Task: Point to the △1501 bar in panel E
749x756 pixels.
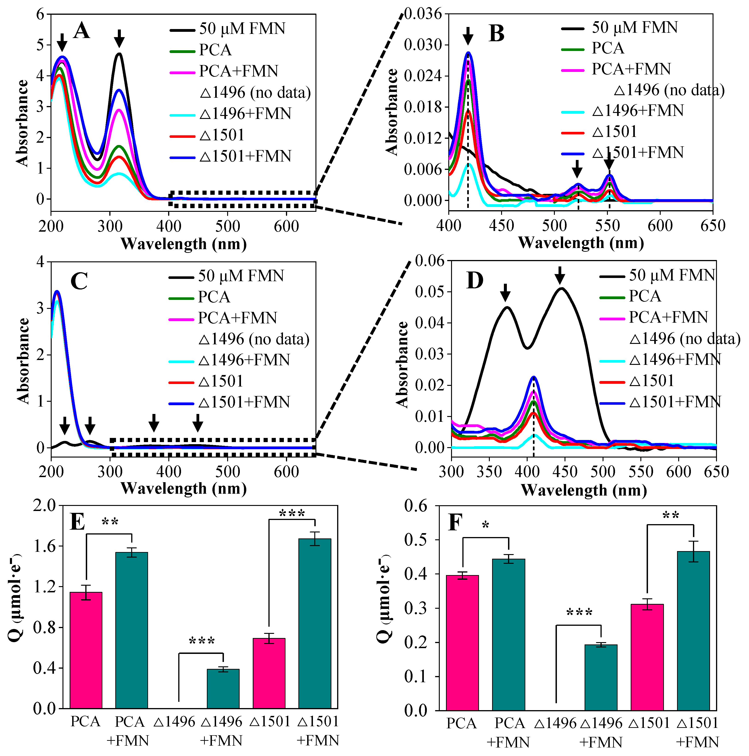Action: pyautogui.click(x=269, y=673)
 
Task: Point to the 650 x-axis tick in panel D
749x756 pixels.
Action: pyautogui.click(x=716, y=472)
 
